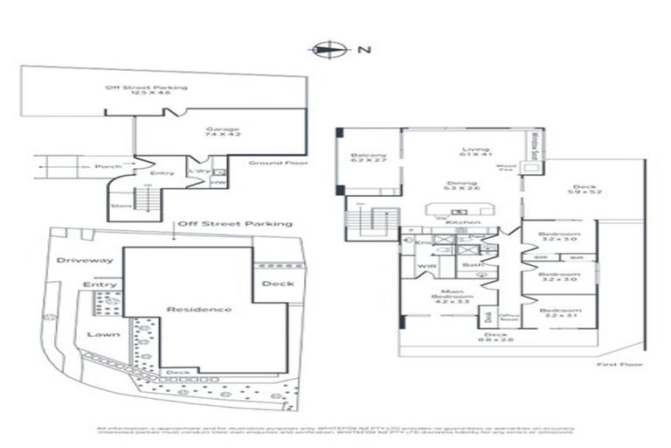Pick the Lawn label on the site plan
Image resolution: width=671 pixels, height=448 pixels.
[x=97, y=333]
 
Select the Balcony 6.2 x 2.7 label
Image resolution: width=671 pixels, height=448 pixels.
[x=368, y=157]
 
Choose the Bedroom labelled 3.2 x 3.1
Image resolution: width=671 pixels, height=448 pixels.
[x=559, y=313]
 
